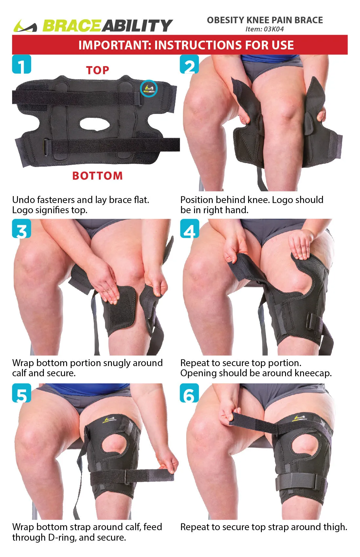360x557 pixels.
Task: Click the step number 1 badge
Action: click(x=22, y=65)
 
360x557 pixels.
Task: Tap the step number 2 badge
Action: click(x=189, y=65)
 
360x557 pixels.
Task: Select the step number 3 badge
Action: click(x=22, y=229)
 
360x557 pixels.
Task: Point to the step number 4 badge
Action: click(x=189, y=229)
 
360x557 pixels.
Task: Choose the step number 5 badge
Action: click(x=22, y=393)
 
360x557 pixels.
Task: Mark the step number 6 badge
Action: click(x=189, y=393)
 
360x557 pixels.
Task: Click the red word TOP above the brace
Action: click(x=98, y=70)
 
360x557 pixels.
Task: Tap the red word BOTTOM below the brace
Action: click(x=98, y=176)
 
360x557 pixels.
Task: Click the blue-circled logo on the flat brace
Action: click(x=149, y=88)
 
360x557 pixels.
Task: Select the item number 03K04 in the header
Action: click(x=274, y=29)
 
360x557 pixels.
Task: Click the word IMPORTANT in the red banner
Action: click(x=115, y=45)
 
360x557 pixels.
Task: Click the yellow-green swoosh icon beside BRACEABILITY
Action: click(x=25, y=26)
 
